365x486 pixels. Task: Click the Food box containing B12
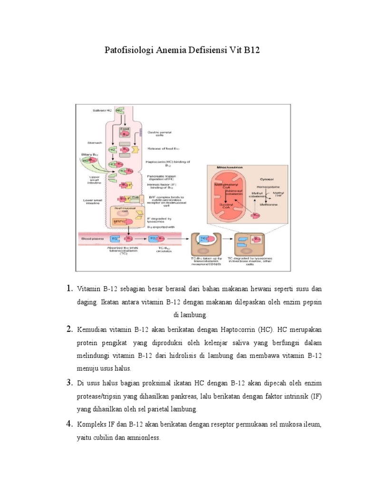pyautogui.click(x=125, y=131)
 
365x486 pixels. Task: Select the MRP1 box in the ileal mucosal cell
pyautogui.click(x=119, y=221)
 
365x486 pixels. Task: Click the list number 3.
pyautogui.click(x=68, y=382)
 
